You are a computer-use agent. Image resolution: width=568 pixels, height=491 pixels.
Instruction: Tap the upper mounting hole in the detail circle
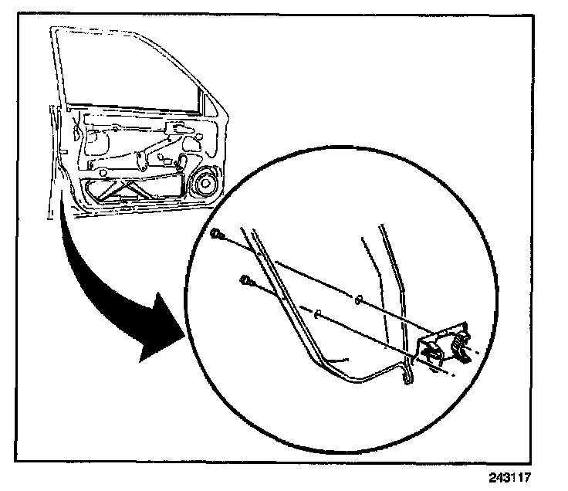tap(360, 300)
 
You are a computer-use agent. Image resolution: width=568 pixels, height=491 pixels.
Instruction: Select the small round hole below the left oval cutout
tap(91, 165)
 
